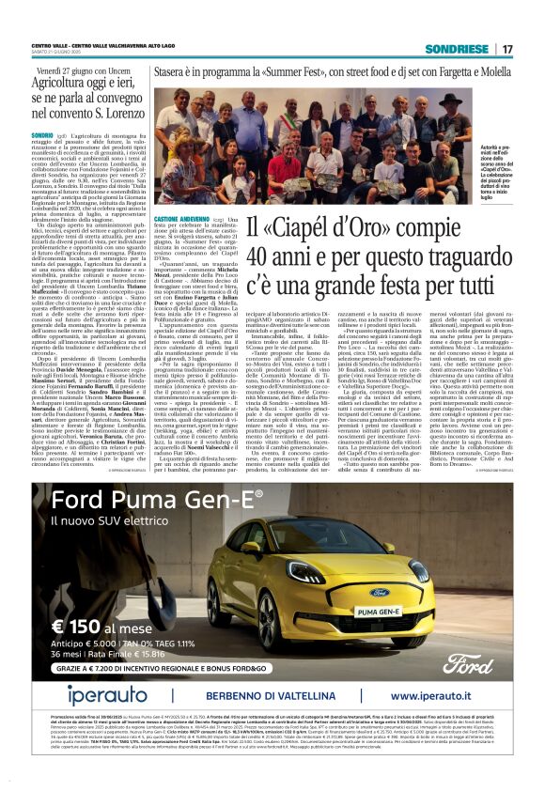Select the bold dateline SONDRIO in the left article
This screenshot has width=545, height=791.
(46, 135)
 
